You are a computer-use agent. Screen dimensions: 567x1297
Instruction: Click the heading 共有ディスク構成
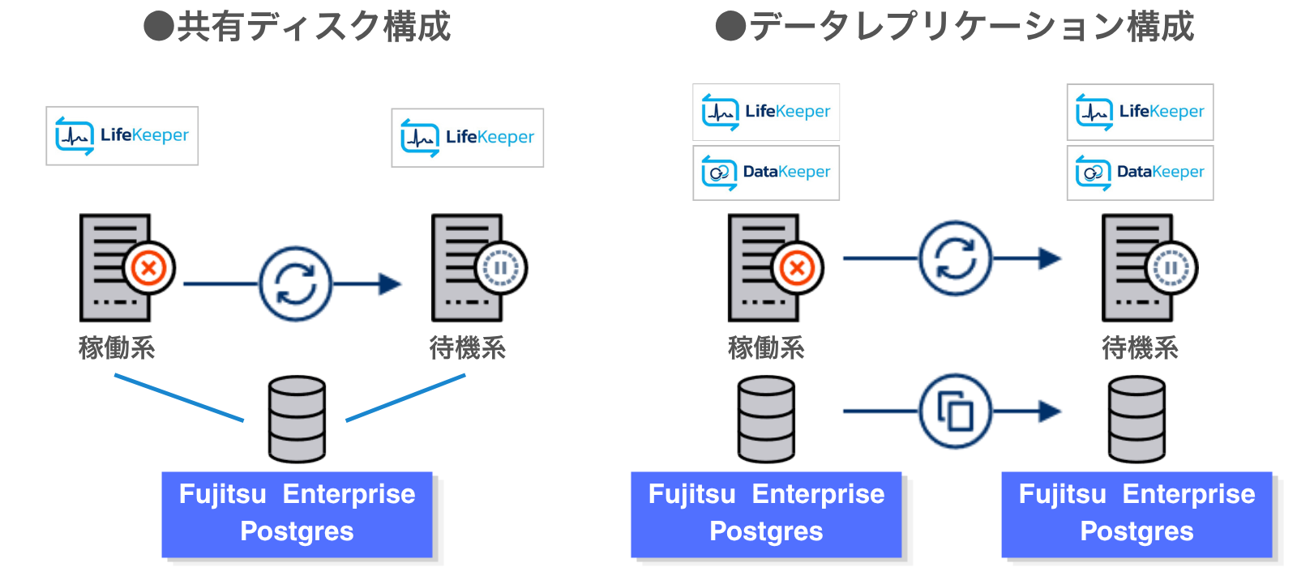(297, 27)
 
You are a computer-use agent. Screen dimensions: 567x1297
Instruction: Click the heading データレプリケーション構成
(955, 27)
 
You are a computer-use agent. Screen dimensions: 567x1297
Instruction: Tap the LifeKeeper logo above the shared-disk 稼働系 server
(122, 136)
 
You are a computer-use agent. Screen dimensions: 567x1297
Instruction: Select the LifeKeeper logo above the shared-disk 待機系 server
(468, 138)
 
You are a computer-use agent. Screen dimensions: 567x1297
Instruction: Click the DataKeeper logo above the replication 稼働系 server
(766, 173)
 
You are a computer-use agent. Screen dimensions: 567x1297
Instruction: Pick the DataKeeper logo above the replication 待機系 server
(1140, 173)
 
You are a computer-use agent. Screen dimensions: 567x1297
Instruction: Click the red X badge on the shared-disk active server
(149, 267)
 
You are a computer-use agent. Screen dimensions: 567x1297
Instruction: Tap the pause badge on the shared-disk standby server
(501, 267)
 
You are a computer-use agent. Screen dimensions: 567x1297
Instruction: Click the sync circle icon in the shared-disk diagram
(295, 284)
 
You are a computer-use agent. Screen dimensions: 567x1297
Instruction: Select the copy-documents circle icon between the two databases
(956, 411)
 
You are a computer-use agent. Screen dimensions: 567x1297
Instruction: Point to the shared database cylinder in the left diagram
(297, 419)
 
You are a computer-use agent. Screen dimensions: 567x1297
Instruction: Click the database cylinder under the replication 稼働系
(766, 419)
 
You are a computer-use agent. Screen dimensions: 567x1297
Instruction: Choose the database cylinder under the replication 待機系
(1136, 419)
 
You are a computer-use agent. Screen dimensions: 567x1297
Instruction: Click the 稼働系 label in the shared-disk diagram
(117, 348)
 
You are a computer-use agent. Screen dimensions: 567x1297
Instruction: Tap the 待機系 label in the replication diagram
(1140, 348)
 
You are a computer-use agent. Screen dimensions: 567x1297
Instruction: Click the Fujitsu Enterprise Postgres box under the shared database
(297, 514)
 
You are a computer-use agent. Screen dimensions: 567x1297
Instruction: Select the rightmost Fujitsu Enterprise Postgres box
(1136, 514)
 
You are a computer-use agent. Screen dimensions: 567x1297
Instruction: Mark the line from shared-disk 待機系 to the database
(405, 398)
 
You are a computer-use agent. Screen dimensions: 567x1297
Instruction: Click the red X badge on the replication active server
(798, 267)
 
